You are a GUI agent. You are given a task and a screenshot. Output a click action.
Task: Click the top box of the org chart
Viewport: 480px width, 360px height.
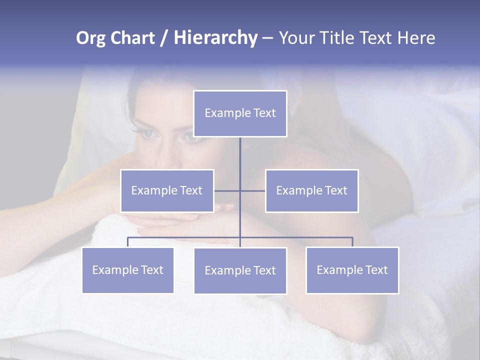tap(240, 113)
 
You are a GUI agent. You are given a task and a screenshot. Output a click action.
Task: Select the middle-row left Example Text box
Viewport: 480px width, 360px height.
tap(167, 190)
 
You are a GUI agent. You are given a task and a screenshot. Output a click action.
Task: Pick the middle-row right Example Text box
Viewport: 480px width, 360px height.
tap(311, 190)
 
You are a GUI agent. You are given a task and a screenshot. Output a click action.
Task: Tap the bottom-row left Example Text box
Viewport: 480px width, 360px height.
tap(128, 270)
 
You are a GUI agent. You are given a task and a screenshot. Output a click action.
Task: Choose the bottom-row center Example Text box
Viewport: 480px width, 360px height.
tap(240, 270)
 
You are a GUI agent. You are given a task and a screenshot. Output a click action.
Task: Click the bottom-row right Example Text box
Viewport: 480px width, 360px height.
tap(352, 270)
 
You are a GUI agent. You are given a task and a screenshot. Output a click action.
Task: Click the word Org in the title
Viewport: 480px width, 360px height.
tap(90, 38)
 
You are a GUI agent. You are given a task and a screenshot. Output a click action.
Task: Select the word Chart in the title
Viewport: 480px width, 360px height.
tap(132, 38)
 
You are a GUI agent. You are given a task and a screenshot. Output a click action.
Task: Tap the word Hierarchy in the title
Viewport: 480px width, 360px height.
tap(215, 38)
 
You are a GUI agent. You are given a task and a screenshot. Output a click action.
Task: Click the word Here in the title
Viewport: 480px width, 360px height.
tap(416, 38)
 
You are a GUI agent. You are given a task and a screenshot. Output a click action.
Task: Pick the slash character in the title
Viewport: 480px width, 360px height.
tap(164, 38)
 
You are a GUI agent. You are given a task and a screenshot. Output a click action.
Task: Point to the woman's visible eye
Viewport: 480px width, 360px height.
tap(148, 133)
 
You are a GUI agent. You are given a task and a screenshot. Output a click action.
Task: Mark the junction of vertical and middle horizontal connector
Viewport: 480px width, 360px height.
tap(240, 190)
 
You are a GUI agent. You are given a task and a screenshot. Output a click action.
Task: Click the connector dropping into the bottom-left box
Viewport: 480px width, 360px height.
tap(128, 242)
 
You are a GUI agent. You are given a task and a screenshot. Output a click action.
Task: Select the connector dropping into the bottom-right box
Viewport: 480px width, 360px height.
tap(352, 242)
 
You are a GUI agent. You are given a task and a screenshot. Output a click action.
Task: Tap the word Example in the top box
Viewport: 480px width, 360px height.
tap(227, 113)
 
